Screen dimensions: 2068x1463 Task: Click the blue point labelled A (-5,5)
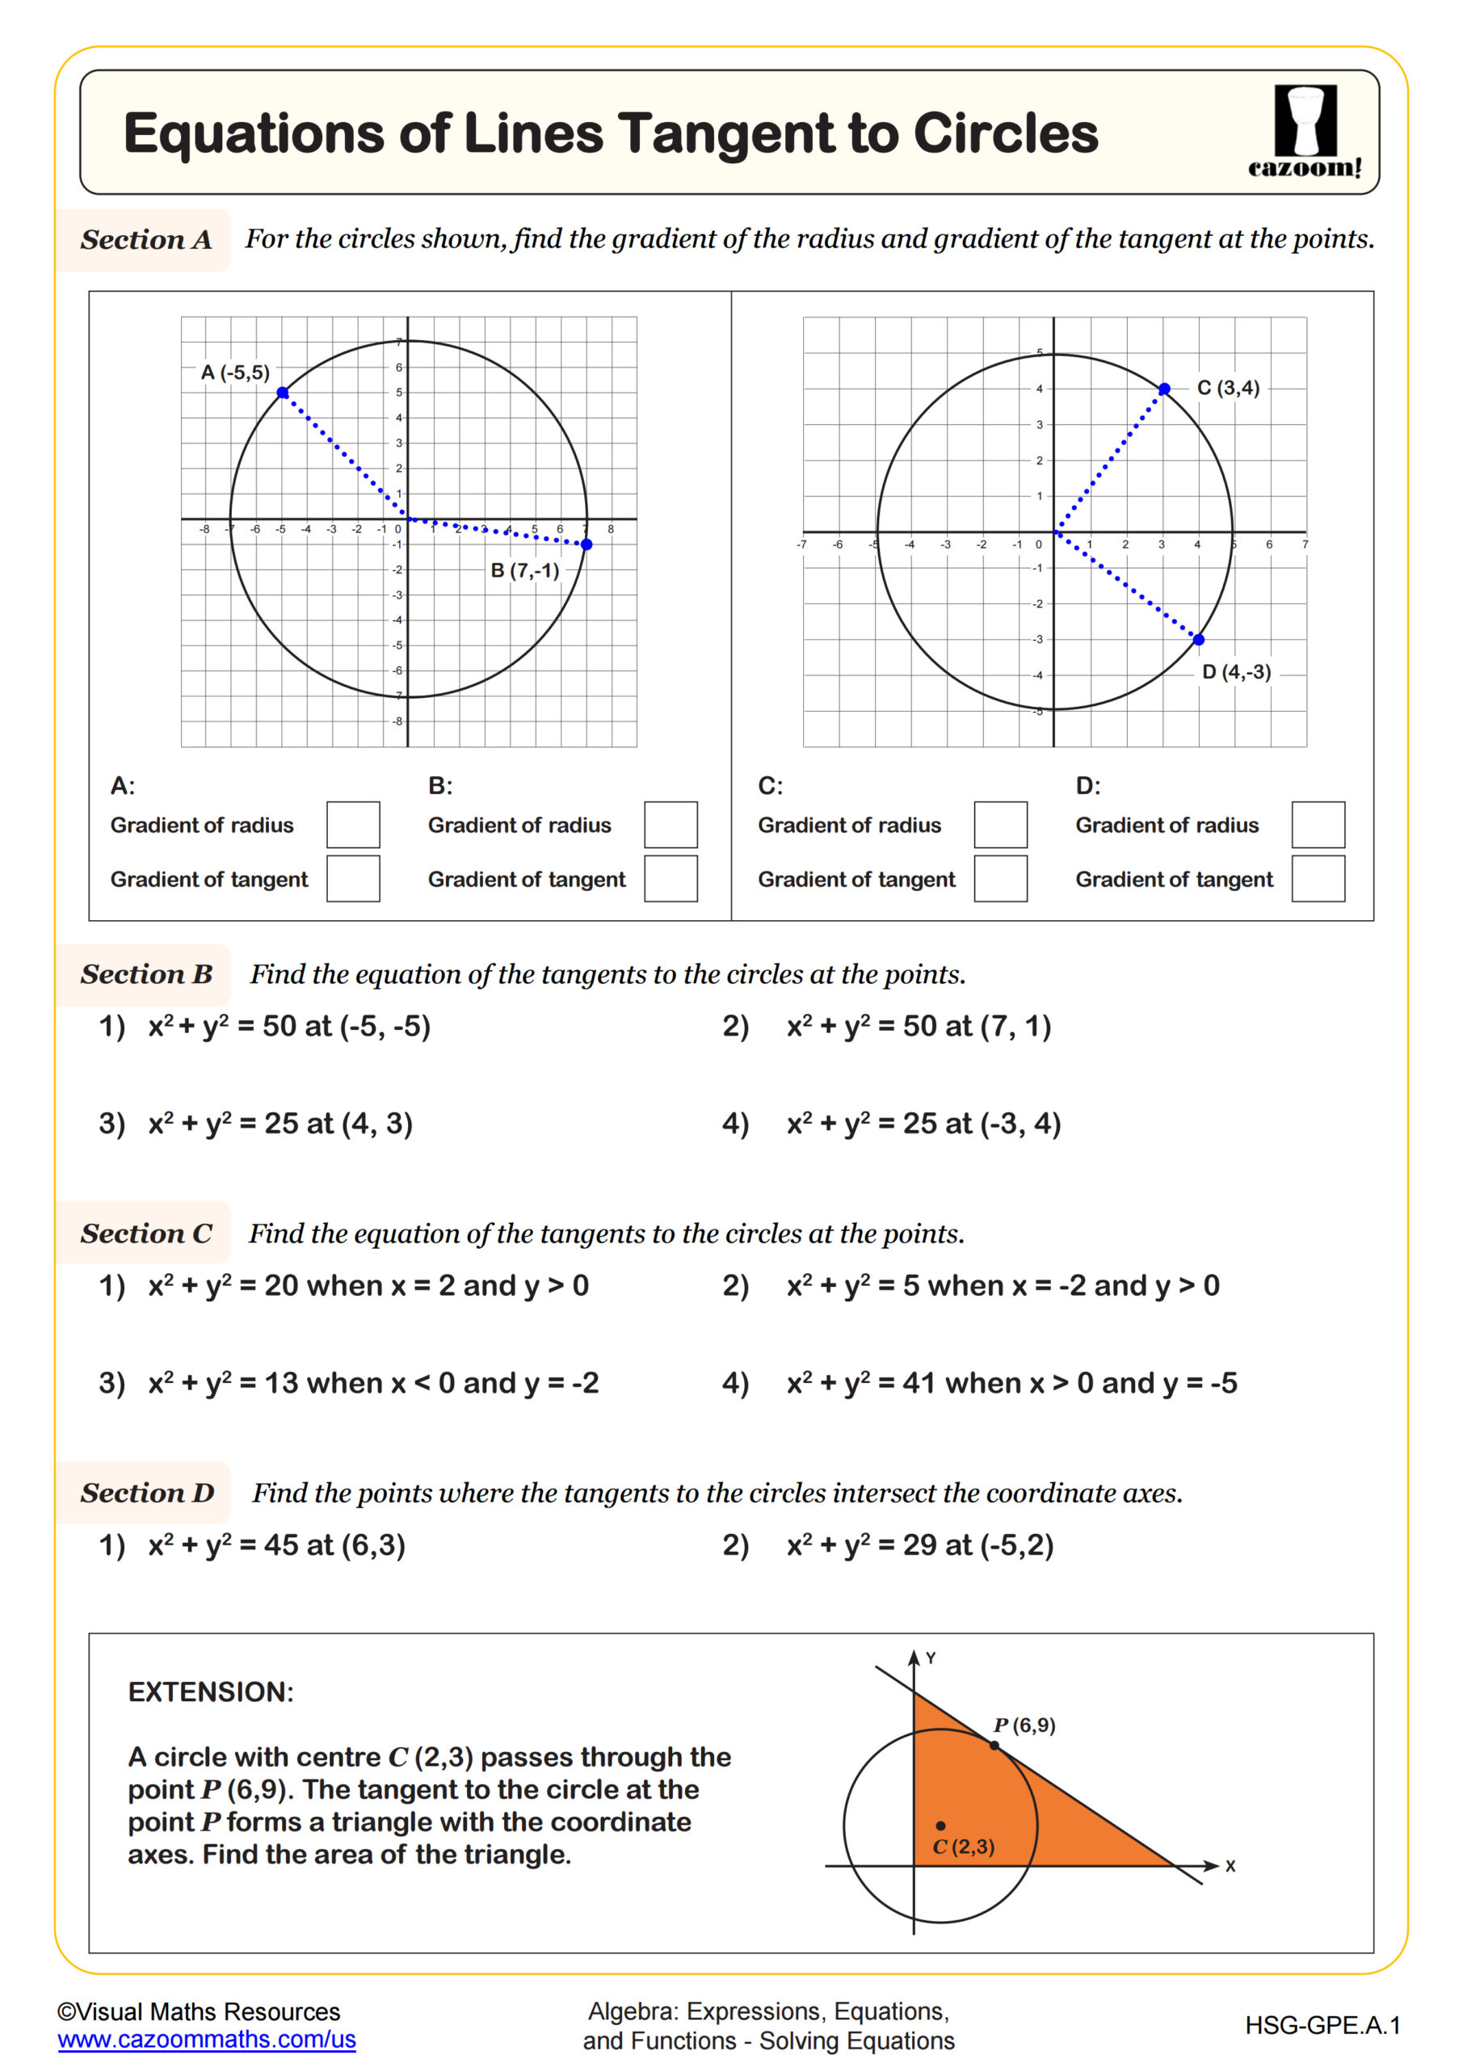click(283, 393)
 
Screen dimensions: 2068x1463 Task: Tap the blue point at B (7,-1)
click(586, 544)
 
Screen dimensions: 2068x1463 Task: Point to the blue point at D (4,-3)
click(1198, 640)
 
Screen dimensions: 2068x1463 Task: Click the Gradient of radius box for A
click(353, 824)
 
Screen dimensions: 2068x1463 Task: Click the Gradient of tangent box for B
click(671, 878)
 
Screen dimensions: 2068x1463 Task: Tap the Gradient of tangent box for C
click(1000, 878)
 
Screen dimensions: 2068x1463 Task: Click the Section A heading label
click(146, 240)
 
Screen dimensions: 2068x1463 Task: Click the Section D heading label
click(147, 1493)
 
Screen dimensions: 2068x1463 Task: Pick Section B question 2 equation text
click(918, 1026)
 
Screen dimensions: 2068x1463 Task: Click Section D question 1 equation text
click(276, 1545)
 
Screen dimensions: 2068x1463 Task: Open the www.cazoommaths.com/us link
click(206, 2039)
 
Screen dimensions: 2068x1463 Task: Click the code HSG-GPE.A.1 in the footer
click(1322, 2026)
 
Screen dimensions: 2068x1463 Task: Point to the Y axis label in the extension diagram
click(931, 1658)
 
